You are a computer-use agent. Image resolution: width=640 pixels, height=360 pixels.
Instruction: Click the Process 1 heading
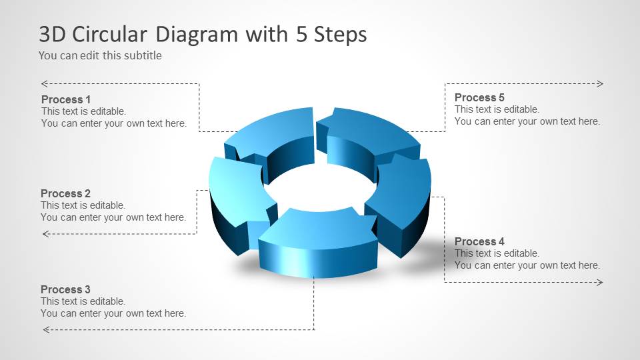66,99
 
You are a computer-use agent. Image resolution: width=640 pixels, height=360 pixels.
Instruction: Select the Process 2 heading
65,194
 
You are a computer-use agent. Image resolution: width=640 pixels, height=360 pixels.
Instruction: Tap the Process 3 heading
65,289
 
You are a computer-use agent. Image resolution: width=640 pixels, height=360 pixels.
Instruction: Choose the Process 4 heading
479,241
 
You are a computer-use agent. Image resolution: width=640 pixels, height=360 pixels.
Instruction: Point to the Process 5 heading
479,97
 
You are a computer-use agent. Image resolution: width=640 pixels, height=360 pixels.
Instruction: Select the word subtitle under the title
142,56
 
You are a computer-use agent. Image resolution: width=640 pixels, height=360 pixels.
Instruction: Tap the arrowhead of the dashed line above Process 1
44,83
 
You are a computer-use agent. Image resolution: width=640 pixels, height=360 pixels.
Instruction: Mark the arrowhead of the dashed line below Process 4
600,283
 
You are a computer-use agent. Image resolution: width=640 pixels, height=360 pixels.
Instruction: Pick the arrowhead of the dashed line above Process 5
600,83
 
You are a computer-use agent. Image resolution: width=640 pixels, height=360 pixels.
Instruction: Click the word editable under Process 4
521,253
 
